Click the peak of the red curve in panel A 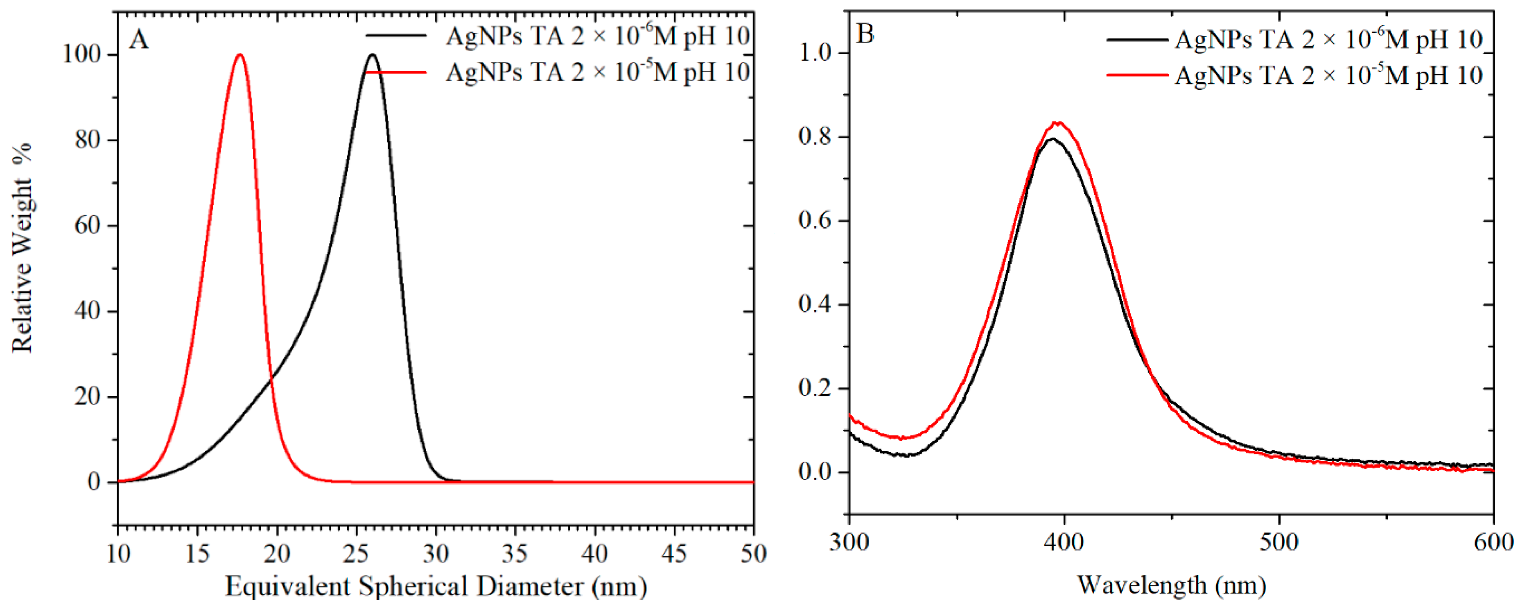coord(239,55)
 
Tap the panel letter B coord(865,34)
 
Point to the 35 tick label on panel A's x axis coord(515,553)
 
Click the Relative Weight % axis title coord(23,248)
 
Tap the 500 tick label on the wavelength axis coord(1278,542)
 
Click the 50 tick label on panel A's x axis coord(753,553)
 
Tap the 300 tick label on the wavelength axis coord(849,542)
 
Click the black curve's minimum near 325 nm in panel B coord(905,455)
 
